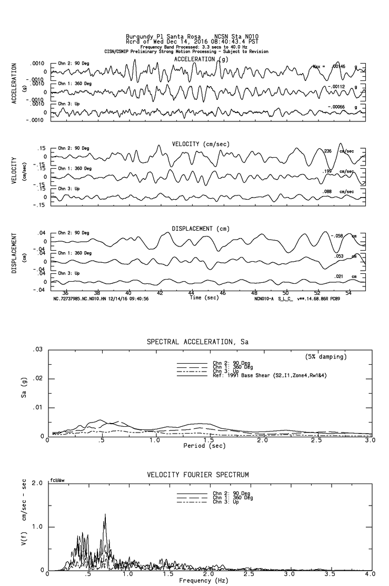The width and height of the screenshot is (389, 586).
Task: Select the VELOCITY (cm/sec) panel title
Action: tap(201, 144)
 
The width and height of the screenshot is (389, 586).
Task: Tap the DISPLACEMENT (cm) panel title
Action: tap(200, 229)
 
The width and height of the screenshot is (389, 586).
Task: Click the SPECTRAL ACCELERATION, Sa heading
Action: tap(197, 342)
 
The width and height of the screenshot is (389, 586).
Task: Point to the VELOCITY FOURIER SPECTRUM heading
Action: tap(197, 475)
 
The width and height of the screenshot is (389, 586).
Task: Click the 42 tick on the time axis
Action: tap(160, 293)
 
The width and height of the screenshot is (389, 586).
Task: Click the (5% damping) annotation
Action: tap(326, 357)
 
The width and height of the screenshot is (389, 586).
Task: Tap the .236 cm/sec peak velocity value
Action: tap(328, 151)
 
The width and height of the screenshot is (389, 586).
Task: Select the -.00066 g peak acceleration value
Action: tap(337, 107)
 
